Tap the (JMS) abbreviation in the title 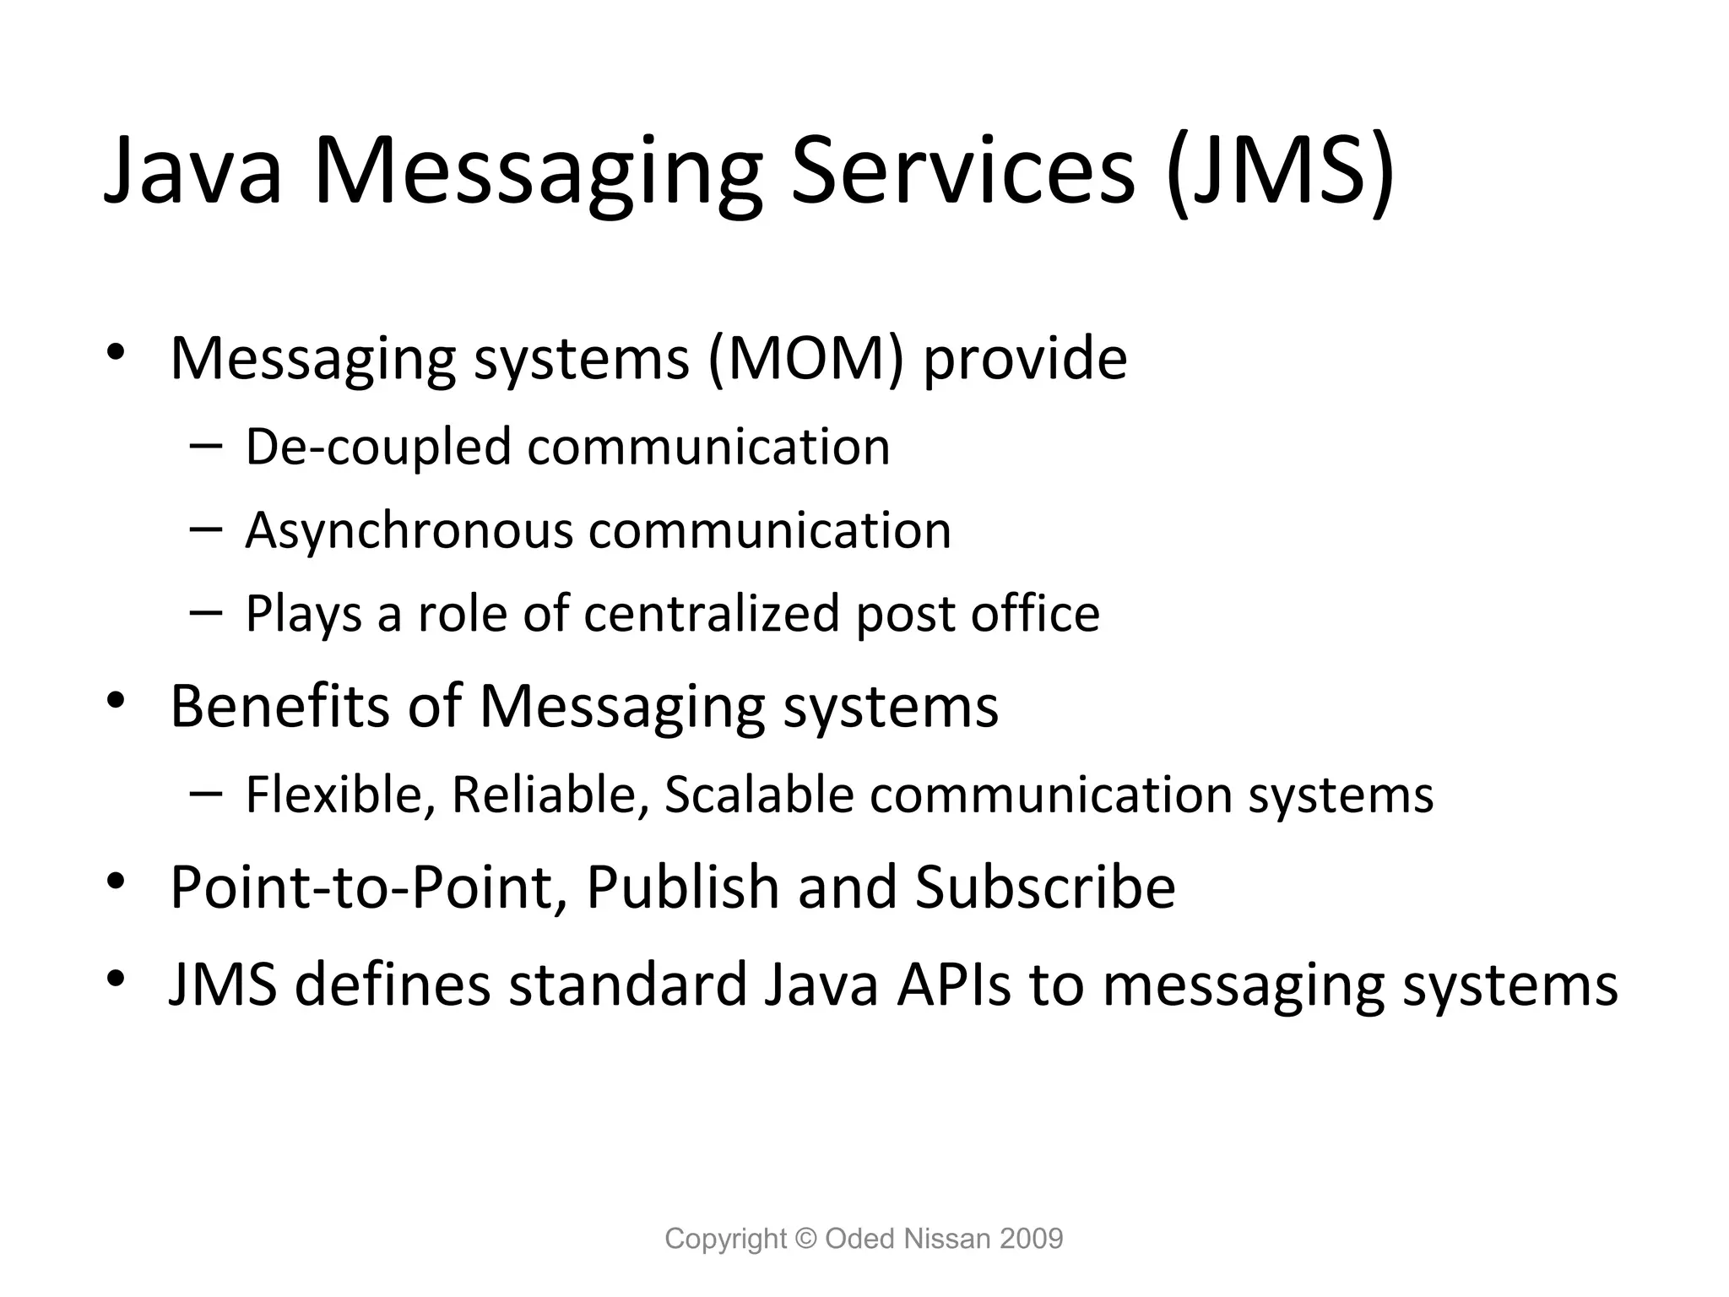(x=1280, y=173)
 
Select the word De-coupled (x=378, y=447)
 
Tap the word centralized (x=712, y=613)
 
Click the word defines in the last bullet (x=393, y=985)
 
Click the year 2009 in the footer (x=1031, y=1239)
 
